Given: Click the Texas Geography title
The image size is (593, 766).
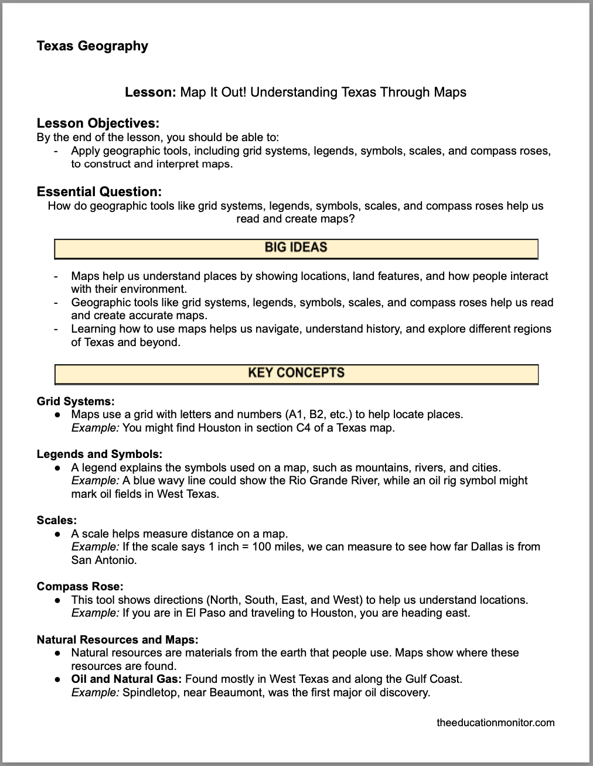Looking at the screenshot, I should pos(92,46).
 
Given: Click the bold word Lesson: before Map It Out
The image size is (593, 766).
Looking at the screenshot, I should pos(151,92).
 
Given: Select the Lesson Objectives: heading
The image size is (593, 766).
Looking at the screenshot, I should pos(98,123).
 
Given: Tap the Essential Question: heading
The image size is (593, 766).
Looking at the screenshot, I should pos(99,191).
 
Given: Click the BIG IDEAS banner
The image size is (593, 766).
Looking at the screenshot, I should pos(296,248).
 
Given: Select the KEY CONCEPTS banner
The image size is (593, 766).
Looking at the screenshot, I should pos(296,373).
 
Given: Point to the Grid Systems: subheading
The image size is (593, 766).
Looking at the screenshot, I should pos(76,401).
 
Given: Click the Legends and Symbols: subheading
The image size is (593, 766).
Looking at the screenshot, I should pos(100,454).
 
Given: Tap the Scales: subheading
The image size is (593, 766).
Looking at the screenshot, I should pos(57,520).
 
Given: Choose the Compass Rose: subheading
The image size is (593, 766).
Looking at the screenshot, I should pos(80,586).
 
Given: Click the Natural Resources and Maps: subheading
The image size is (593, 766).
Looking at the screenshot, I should pos(117,640).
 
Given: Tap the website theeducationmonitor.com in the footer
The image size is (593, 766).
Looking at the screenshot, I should pos(495,722).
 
